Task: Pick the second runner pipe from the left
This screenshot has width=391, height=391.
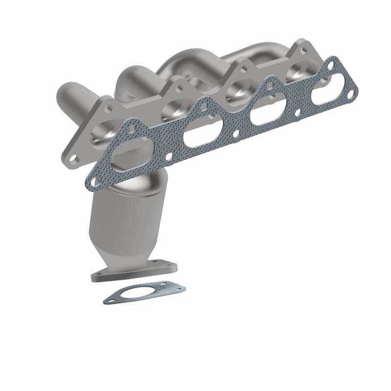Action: point(132,78)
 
